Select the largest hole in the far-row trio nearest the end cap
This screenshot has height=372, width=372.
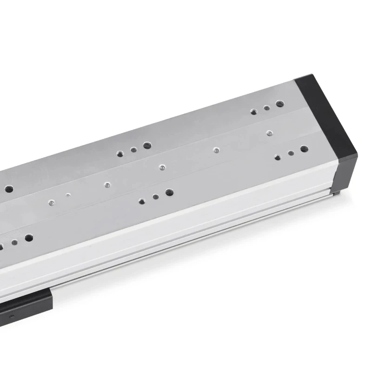point(279,104)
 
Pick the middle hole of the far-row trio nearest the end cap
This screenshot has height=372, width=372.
point(267,108)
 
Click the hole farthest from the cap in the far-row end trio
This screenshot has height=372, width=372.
point(253,112)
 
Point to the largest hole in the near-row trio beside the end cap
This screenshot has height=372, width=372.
point(304,149)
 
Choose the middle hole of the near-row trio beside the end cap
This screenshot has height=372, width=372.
point(291,153)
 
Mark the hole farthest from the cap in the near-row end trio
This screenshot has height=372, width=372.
point(278,157)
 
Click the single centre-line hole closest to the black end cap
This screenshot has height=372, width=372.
point(269,133)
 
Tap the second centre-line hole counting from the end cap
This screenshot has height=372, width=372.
point(216,150)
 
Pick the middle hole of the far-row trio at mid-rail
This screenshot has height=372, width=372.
point(133,150)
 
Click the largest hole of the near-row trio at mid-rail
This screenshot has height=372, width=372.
point(169,192)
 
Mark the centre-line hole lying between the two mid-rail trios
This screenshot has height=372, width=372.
point(161,166)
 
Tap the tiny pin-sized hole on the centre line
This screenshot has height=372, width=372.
point(68,195)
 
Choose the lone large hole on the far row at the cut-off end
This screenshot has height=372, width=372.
point(9,189)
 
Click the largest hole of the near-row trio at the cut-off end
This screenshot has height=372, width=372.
point(29,238)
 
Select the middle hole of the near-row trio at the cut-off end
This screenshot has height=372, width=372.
point(14,242)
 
